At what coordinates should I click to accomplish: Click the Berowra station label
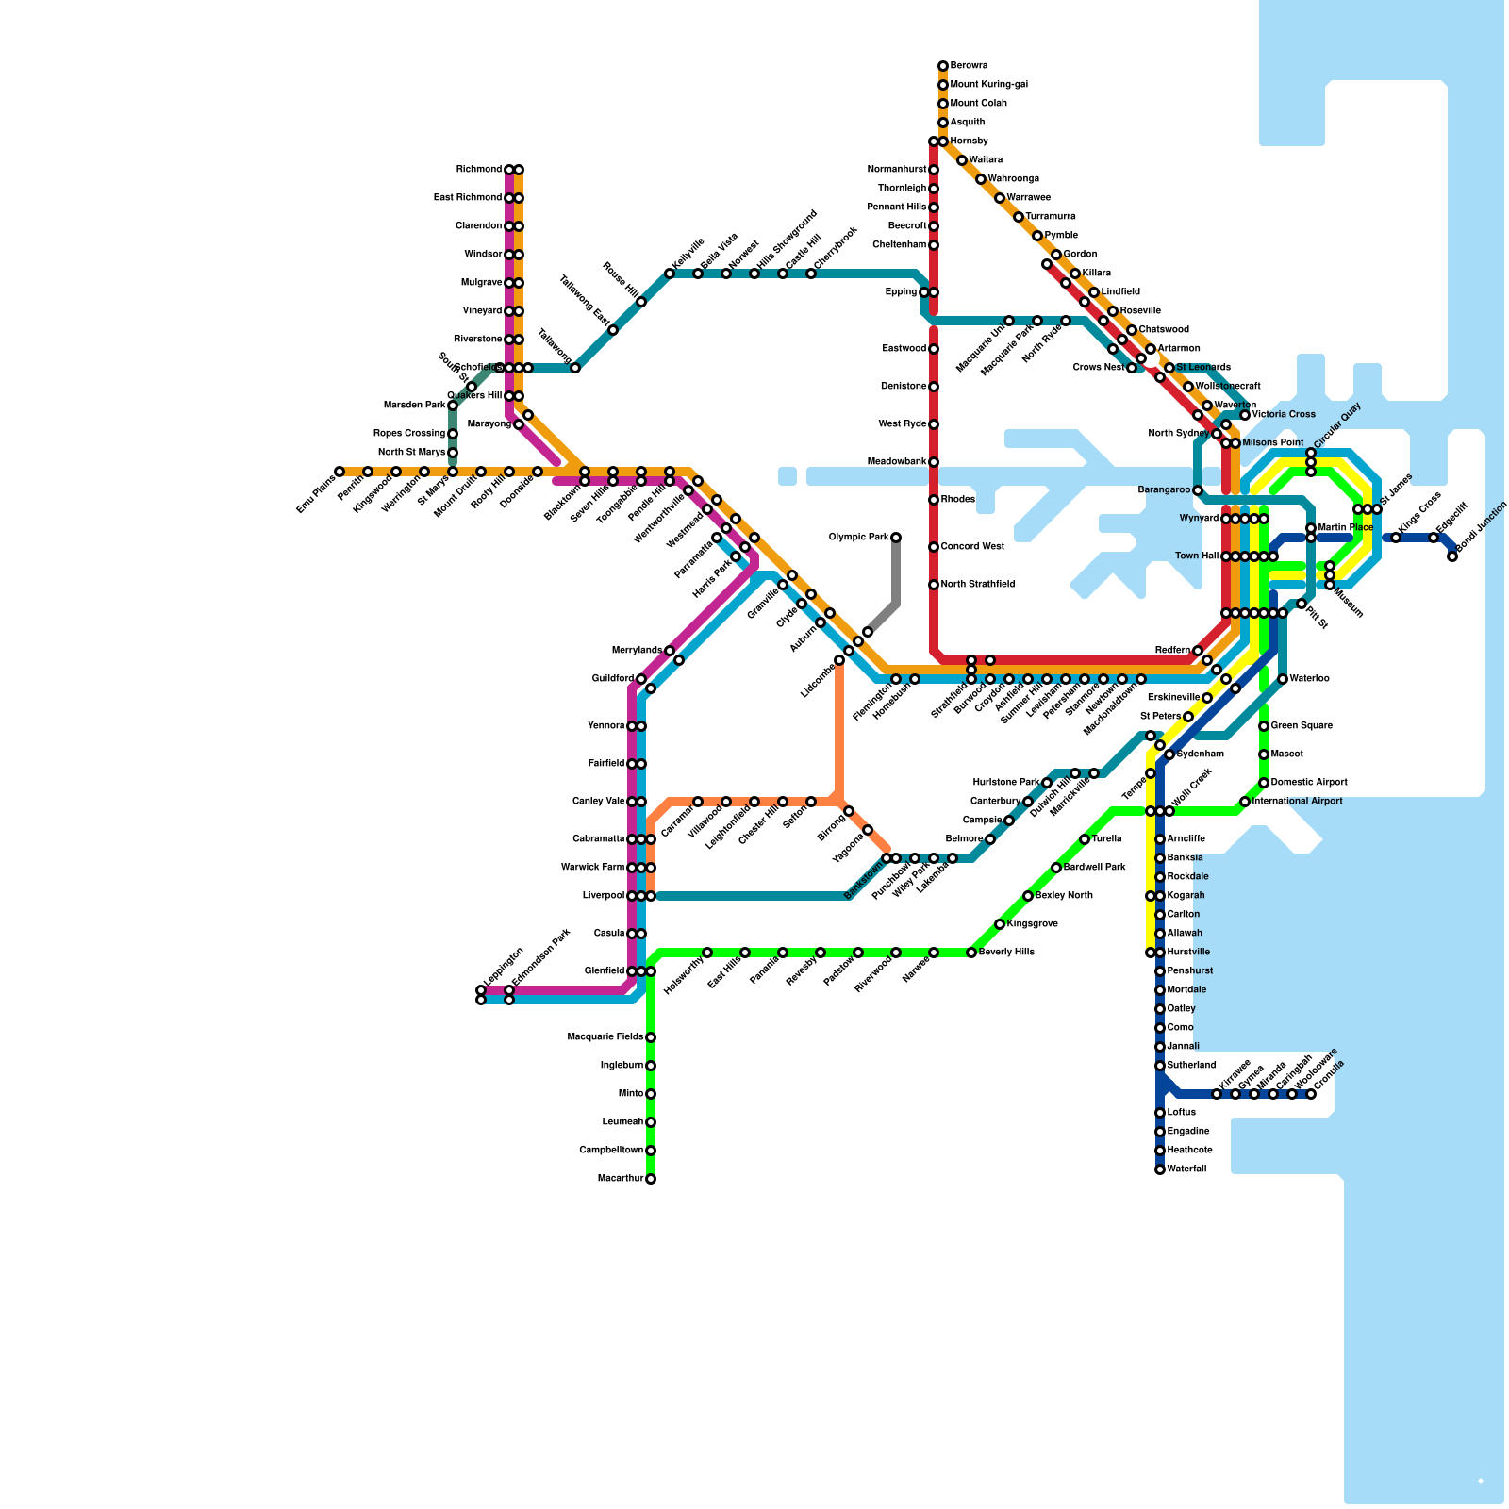[x=969, y=66]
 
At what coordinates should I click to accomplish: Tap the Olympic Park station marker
[x=896, y=538]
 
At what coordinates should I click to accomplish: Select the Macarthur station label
[x=621, y=1179]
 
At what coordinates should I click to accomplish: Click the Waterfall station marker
[x=1160, y=1169]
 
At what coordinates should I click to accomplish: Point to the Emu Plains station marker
[x=340, y=472]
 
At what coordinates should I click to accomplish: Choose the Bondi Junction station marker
[x=1452, y=556]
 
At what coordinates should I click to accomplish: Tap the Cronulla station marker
[x=1311, y=1094]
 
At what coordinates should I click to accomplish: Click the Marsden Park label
[x=414, y=406]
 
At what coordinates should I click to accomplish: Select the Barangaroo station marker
[x=1198, y=490]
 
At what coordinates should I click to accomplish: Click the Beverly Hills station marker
[x=971, y=953]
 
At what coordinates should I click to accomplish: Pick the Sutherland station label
[x=1191, y=1066]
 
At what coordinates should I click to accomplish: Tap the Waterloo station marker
[x=1283, y=679]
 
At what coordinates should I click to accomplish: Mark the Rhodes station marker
[x=934, y=500]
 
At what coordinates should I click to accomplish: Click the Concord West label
[x=972, y=547]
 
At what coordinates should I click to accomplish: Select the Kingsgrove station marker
[x=1000, y=924]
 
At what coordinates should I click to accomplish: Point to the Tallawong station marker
[x=575, y=368]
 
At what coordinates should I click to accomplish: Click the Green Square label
[x=1302, y=726]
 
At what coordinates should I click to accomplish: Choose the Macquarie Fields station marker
[x=651, y=1037]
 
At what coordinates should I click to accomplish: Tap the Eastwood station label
[x=904, y=349]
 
